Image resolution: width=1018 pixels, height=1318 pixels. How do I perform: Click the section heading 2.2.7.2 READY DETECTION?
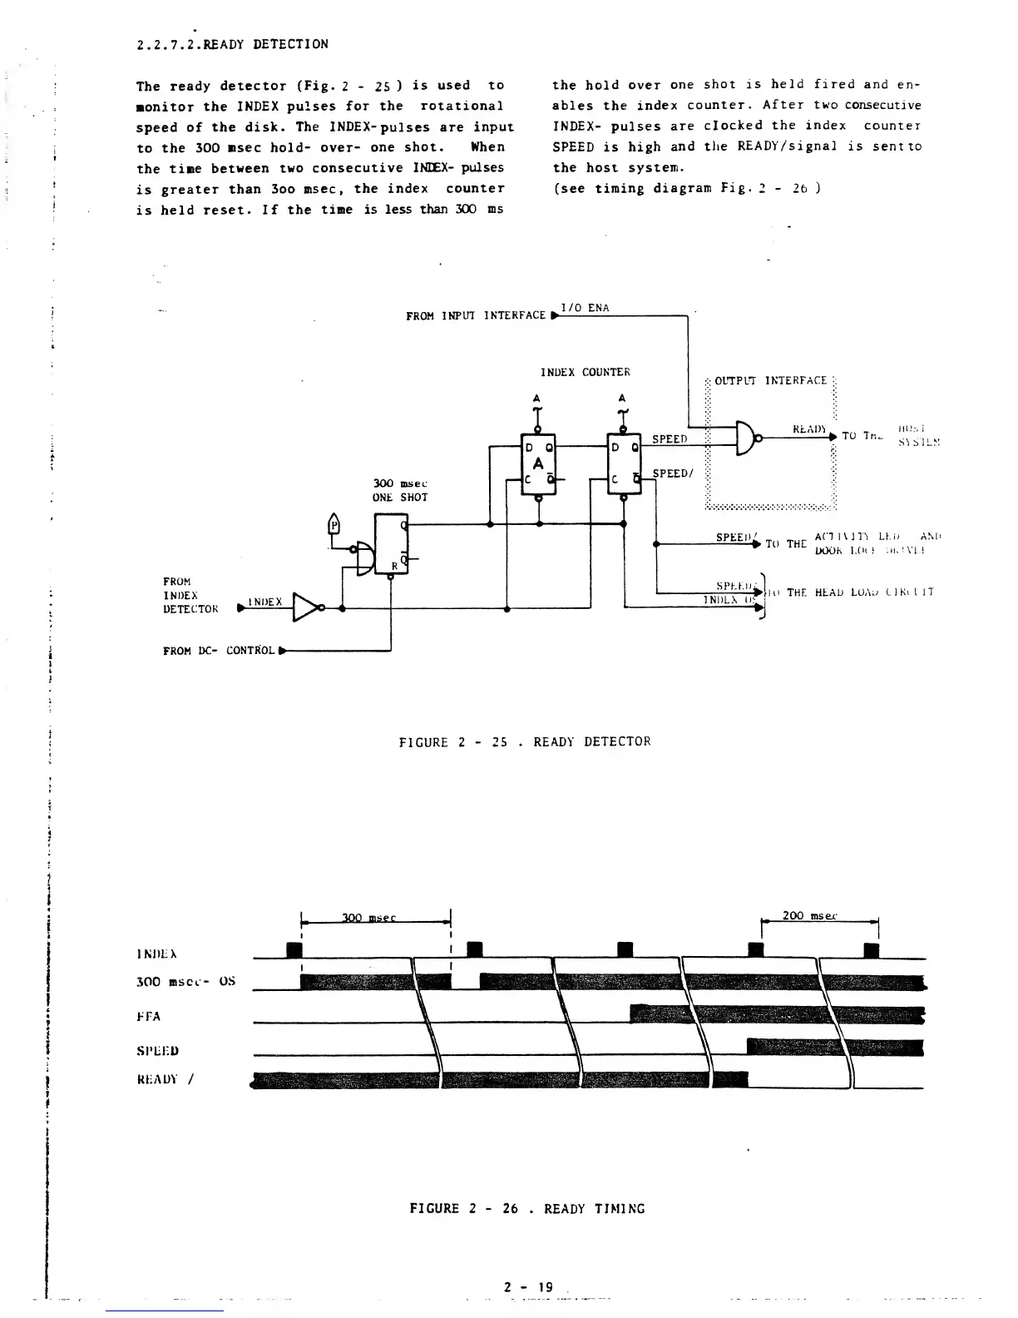(232, 44)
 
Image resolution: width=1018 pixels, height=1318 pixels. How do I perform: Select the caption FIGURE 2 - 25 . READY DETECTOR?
(525, 741)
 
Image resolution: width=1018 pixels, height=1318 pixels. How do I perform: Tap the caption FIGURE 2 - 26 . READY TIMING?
(527, 1208)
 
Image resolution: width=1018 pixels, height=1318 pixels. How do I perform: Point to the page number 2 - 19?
(528, 1286)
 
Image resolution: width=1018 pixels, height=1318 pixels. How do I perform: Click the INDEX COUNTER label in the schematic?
(586, 372)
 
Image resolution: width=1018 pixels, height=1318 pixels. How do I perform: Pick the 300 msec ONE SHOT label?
(400, 490)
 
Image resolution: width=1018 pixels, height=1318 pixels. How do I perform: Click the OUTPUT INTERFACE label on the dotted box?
(771, 380)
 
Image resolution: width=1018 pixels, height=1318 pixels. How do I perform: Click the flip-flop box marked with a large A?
(538, 464)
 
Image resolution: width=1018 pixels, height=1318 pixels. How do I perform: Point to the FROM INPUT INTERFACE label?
(476, 315)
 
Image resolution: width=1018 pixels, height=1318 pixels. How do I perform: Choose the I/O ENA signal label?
(586, 308)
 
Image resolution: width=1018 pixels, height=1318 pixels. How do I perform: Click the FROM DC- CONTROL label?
(219, 650)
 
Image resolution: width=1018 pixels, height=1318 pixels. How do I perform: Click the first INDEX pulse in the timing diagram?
(292, 950)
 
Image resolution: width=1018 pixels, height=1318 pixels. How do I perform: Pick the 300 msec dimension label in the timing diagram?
(368, 918)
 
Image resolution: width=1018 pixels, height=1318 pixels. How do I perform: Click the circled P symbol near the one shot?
(334, 526)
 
